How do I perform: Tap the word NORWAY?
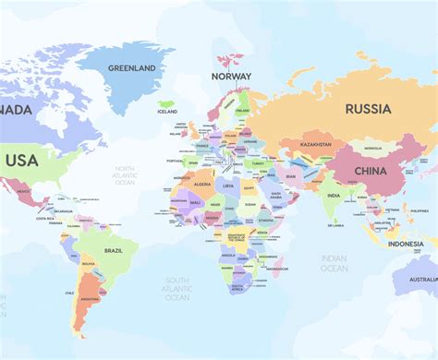click(231, 77)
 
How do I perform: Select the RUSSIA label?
click(368, 108)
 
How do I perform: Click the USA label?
click(21, 161)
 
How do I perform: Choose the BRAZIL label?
click(114, 250)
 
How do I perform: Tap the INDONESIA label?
click(405, 244)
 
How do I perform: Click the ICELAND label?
click(167, 112)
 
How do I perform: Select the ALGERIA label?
click(201, 185)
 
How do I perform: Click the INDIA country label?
click(333, 195)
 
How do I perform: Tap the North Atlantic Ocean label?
click(125, 175)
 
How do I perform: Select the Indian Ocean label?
click(334, 263)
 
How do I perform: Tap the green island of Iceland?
click(166, 104)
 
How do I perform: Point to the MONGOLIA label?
click(372, 148)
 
